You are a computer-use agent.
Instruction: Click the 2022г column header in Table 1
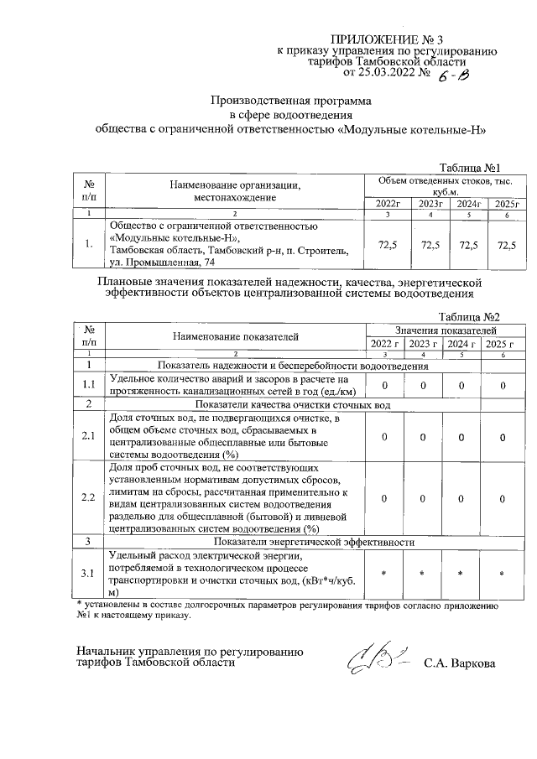pos(388,204)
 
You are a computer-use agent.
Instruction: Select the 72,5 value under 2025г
pos(507,245)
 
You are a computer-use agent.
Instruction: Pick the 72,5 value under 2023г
pos(430,245)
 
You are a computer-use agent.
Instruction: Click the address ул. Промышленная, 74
pos(168,264)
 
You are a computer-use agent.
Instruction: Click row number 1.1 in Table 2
pos(89,385)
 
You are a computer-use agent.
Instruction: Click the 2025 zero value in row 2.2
pos(502,498)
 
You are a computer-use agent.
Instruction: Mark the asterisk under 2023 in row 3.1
pos(424,573)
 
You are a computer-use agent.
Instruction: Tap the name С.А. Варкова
pos(460,663)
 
